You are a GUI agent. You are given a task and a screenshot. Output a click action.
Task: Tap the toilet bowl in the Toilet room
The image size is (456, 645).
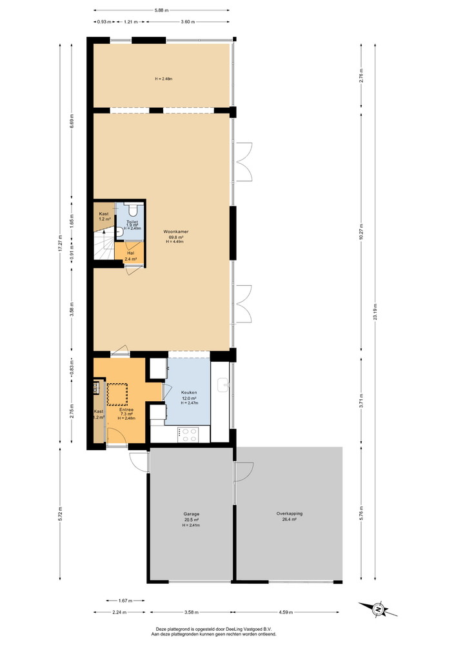point(134,210)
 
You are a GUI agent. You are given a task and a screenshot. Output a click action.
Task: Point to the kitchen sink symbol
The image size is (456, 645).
point(223,385)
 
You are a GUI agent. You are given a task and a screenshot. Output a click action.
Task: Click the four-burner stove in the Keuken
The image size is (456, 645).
point(189,435)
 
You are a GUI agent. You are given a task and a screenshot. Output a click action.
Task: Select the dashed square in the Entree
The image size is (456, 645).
point(117,393)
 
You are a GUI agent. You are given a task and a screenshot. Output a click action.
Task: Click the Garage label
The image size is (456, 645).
point(191,514)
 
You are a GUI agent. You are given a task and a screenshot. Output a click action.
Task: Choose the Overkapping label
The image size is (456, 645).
point(290,514)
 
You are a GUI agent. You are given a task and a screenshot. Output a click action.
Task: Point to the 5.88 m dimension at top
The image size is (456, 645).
point(161,10)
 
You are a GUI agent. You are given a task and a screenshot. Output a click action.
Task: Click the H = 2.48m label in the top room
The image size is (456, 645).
point(164,79)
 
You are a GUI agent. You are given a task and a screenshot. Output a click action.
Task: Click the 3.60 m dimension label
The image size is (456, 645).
point(187,22)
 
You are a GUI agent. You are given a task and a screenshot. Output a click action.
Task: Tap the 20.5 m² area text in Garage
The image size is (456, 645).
point(191,520)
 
